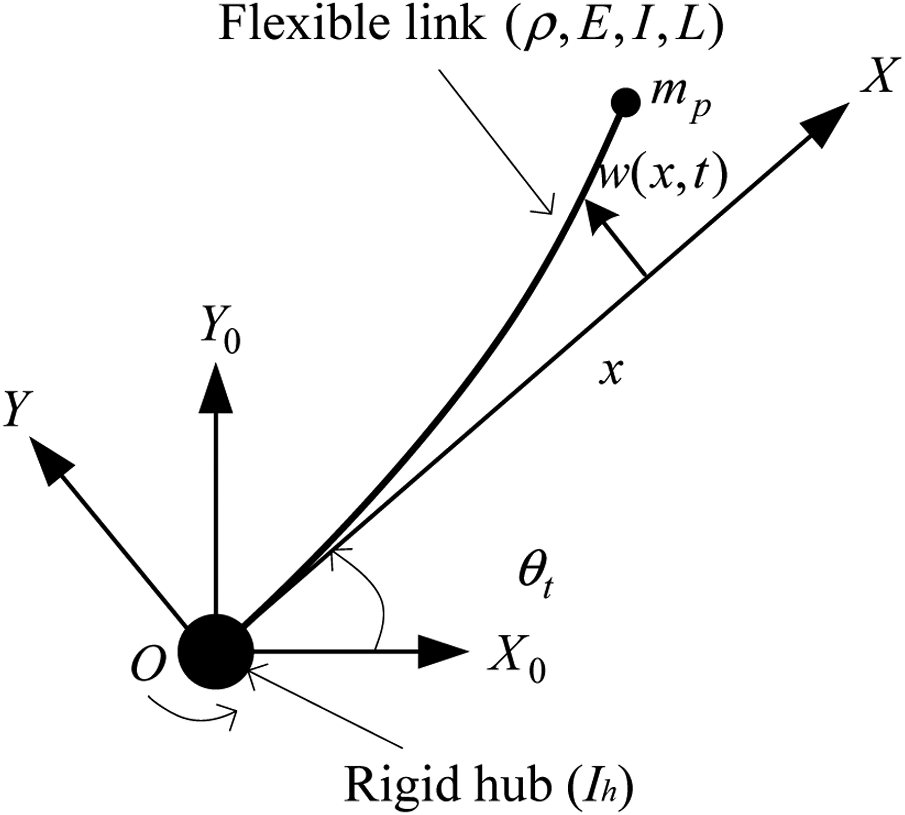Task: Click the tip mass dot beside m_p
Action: point(626,102)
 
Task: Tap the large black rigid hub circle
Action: point(215,652)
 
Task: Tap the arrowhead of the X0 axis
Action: point(444,652)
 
